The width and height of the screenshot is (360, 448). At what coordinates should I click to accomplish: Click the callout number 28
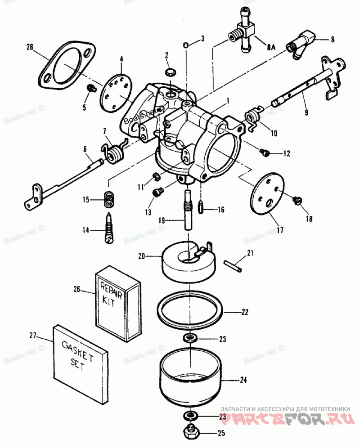tap(30, 47)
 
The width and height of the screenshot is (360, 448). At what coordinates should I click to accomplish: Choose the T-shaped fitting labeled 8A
tap(241, 31)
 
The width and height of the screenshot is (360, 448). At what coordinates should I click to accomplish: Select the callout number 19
tap(162, 221)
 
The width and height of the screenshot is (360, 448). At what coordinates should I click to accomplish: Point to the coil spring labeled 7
tap(113, 151)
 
